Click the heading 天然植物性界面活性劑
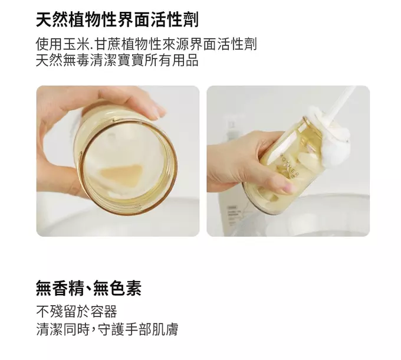click(117, 19)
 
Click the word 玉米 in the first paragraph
click(77, 44)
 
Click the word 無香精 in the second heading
click(60, 288)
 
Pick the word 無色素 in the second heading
click(117, 288)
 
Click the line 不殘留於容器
click(77, 312)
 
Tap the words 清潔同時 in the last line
click(63, 329)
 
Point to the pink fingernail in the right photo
click(290, 188)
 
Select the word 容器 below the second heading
click(104, 312)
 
